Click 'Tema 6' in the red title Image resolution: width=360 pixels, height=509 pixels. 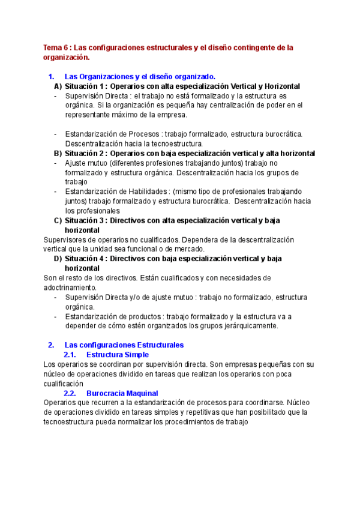56,47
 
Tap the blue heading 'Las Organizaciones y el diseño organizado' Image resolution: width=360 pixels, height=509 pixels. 139,77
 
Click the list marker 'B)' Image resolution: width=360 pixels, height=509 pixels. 58,154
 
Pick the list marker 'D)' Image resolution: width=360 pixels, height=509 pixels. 58,259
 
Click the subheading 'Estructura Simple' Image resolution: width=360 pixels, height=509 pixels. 119,355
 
